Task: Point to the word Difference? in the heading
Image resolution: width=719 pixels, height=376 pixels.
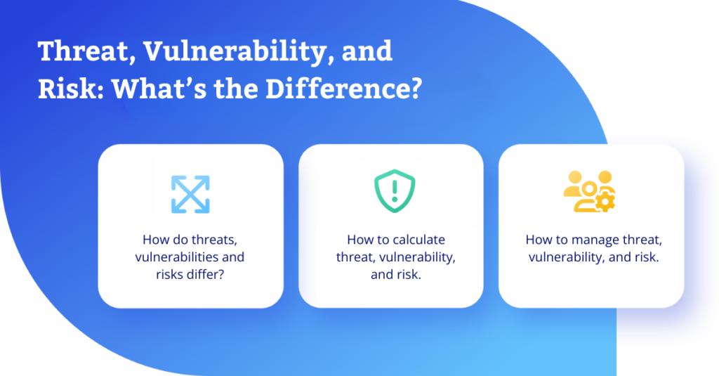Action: click(x=343, y=88)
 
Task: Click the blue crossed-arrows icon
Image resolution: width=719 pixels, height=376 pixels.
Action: click(x=190, y=194)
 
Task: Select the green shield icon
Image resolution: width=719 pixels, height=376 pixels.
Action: click(x=395, y=191)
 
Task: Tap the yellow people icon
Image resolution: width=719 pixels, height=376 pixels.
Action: click(x=589, y=191)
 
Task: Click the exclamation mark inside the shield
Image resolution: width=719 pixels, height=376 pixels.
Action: click(x=395, y=190)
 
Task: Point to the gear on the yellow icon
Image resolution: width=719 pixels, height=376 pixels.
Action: click(x=605, y=202)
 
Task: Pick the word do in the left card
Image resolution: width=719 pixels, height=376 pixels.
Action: click(x=180, y=240)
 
